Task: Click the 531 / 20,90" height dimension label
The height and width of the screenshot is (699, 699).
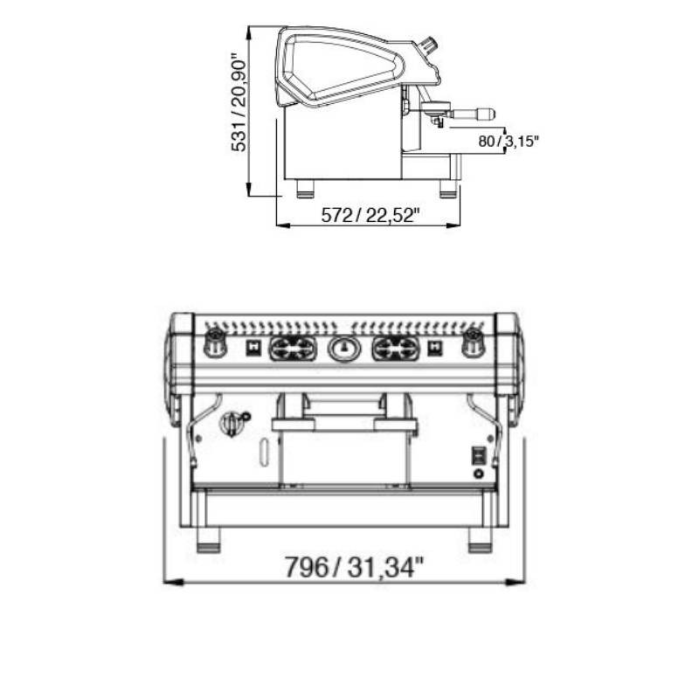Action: (x=239, y=103)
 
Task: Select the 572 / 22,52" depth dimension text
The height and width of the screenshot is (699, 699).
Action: (x=370, y=216)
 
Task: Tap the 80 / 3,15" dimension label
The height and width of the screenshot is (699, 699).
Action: (x=509, y=142)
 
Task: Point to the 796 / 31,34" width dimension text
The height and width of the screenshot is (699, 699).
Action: (x=354, y=567)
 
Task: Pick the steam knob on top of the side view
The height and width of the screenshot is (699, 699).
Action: (x=429, y=45)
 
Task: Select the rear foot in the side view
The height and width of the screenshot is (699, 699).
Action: (x=306, y=188)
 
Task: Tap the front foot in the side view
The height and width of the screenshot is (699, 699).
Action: (x=448, y=188)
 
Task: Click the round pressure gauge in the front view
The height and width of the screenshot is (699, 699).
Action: (x=343, y=348)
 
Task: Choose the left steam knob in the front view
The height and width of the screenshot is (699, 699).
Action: (x=214, y=342)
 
